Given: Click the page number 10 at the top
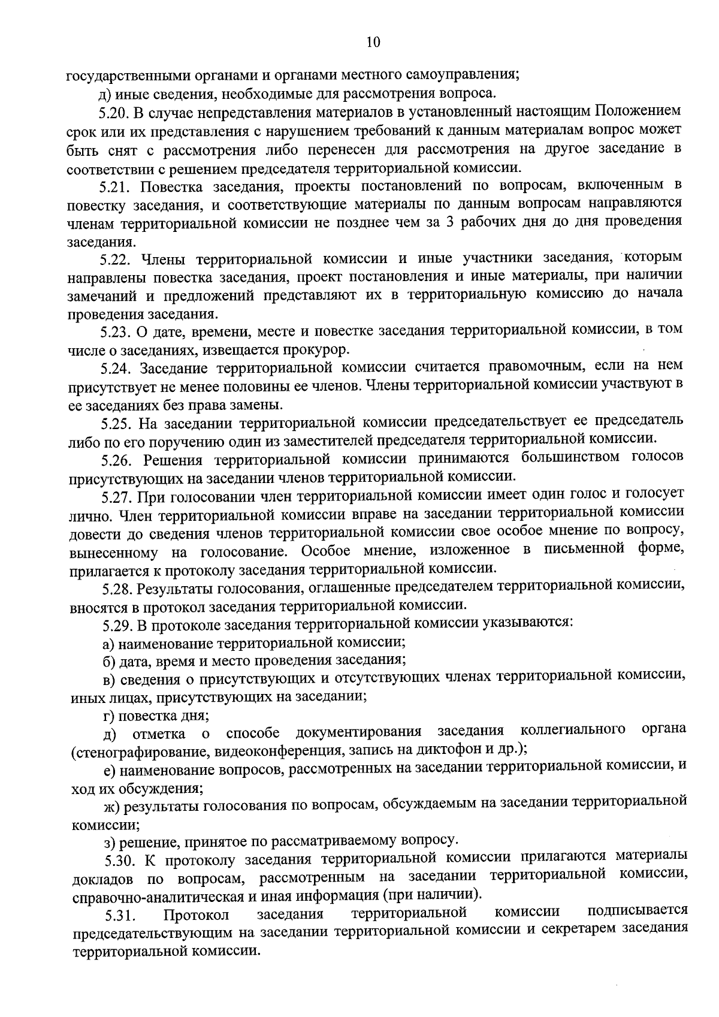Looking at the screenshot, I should (x=372, y=42).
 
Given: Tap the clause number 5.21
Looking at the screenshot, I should (x=114, y=186).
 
